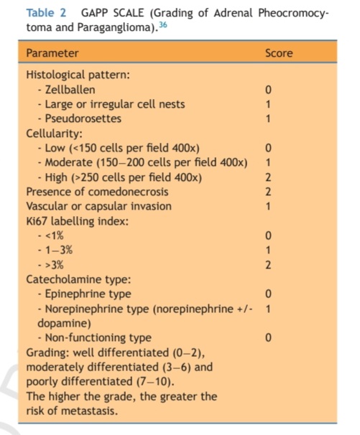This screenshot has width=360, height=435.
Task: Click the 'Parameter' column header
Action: pyautogui.click(x=52, y=53)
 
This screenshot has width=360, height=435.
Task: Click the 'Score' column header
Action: pyautogui.click(x=279, y=53)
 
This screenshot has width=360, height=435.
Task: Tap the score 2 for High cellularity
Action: pyautogui.click(x=268, y=177)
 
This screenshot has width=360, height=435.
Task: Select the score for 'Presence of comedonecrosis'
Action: pyautogui.click(x=268, y=192)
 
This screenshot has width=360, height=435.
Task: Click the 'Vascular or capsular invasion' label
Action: pyautogui.click(x=98, y=206)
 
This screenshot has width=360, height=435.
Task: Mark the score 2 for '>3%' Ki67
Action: pyautogui.click(x=268, y=264)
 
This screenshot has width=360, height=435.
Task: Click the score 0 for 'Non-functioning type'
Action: pyautogui.click(x=268, y=337)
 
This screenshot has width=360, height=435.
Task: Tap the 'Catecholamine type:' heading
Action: pyautogui.click(x=74, y=279)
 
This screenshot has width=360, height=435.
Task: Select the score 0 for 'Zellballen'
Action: pyautogui.click(x=268, y=90)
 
